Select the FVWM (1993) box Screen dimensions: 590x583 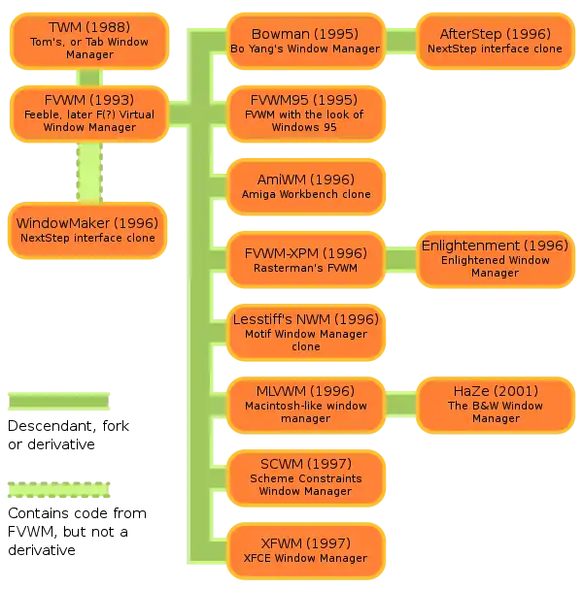coord(89,114)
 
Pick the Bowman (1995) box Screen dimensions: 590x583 coord(305,41)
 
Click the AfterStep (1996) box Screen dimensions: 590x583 coord(495,41)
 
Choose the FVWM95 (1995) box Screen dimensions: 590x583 coord(305,114)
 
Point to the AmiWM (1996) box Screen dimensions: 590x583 coord(305,186)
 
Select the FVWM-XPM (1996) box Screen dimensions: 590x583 coord(305,259)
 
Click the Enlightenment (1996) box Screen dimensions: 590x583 coord(495,259)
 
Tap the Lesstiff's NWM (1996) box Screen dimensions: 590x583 coord(305,332)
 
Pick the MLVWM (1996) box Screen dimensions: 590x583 coord(305,405)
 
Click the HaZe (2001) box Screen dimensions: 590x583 coord(495,405)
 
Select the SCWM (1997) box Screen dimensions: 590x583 coord(305,477)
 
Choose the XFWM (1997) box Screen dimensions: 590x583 coord(305,550)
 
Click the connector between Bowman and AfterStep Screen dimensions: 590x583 coord(400,41)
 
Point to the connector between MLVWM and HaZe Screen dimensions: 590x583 coord(400,405)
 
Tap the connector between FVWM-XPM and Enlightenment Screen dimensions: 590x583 coord(400,259)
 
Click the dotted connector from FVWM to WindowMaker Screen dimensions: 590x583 coord(89,172)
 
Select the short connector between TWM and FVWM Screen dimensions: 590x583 coord(89,77)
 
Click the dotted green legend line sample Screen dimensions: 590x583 coord(60,491)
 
